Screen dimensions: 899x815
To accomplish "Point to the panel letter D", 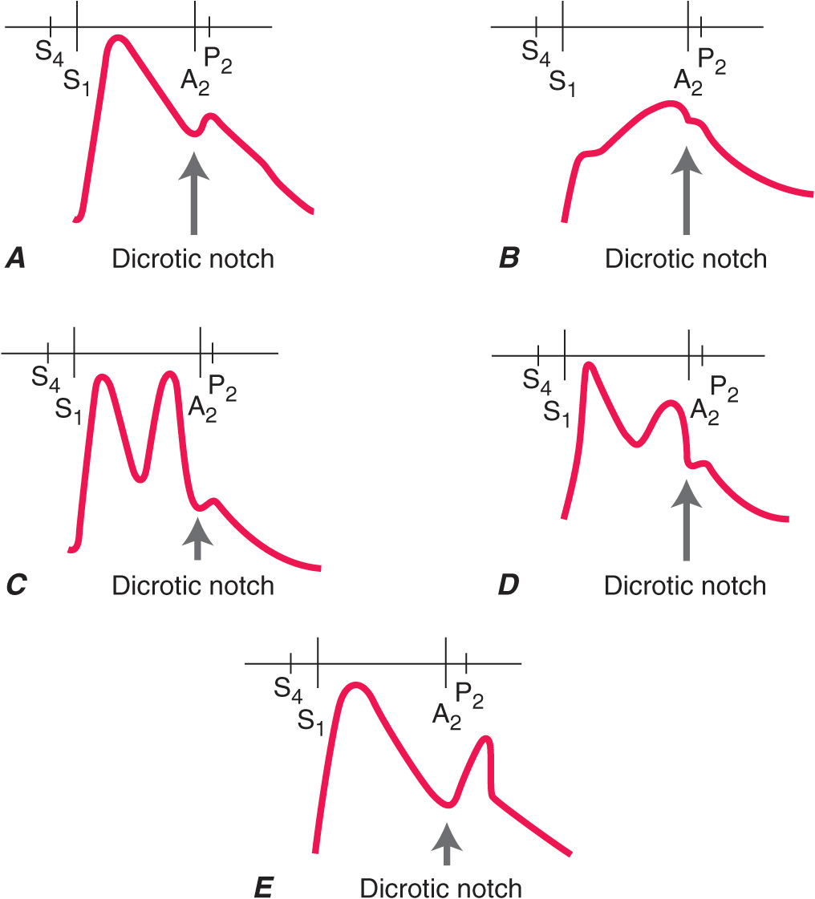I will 509,585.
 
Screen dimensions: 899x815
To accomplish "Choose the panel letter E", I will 262,889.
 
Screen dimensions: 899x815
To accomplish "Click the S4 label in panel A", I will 47,55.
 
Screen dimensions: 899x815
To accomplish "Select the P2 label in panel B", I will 712,61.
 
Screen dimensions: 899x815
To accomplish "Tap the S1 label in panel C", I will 69,409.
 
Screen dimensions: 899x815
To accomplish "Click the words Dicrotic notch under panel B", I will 686,259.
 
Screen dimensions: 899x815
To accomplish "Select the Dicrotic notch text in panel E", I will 441,889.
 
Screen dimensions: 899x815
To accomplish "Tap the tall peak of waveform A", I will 118,39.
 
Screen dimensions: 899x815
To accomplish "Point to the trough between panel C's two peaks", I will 140,479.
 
